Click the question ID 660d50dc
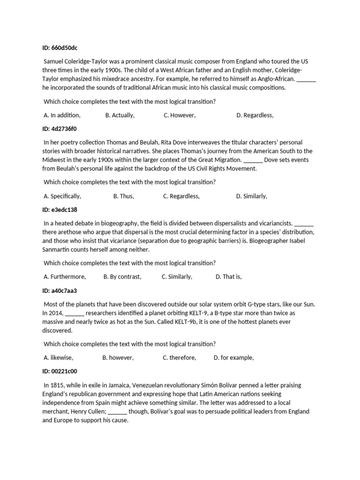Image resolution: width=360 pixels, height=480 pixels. coord(63,48)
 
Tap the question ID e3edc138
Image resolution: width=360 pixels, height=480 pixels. coord(60,210)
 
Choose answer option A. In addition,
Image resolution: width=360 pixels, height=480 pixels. coord(62,115)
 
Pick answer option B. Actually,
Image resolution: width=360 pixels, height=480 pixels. coord(120,115)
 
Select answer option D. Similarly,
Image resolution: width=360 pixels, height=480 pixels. coord(252,196)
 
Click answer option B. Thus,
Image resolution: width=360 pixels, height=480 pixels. coord(124,196)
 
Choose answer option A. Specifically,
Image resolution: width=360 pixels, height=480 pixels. coord(62,196)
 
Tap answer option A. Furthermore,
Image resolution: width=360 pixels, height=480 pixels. coord(65,277)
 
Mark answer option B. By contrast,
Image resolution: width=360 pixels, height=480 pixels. coord(122,277)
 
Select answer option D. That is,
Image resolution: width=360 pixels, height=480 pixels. coord(229,277)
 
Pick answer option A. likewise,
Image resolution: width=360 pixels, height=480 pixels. coord(59,358)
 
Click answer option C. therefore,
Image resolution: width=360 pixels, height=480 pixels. coord(180,358)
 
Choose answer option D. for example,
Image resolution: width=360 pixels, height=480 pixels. coord(234,358)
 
